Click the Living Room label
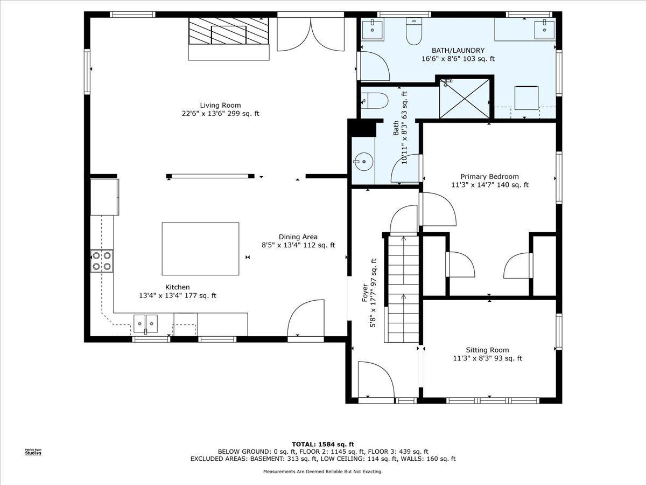pyautogui.click(x=220, y=105)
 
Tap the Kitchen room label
pyautogui.click(x=178, y=287)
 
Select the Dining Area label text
pyautogui.click(x=298, y=237)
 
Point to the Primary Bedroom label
pyautogui.click(x=490, y=177)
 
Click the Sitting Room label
pyautogui.click(x=487, y=350)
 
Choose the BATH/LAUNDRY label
pyautogui.click(x=458, y=50)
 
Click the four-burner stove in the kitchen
pyautogui.click(x=102, y=261)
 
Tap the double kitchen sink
pyautogui.click(x=146, y=324)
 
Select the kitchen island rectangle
pyautogui.click(x=200, y=249)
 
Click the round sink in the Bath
pyautogui.click(x=364, y=162)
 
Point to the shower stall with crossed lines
pyautogui.click(x=465, y=99)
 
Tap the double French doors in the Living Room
pyautogui.click(x=311, y=34)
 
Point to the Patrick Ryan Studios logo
pyautogui.click(x=33, y=452)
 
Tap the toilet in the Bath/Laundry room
pyautogui.click(x=414, y=31)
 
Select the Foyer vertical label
pyautogui.click(x=369, y=293)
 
